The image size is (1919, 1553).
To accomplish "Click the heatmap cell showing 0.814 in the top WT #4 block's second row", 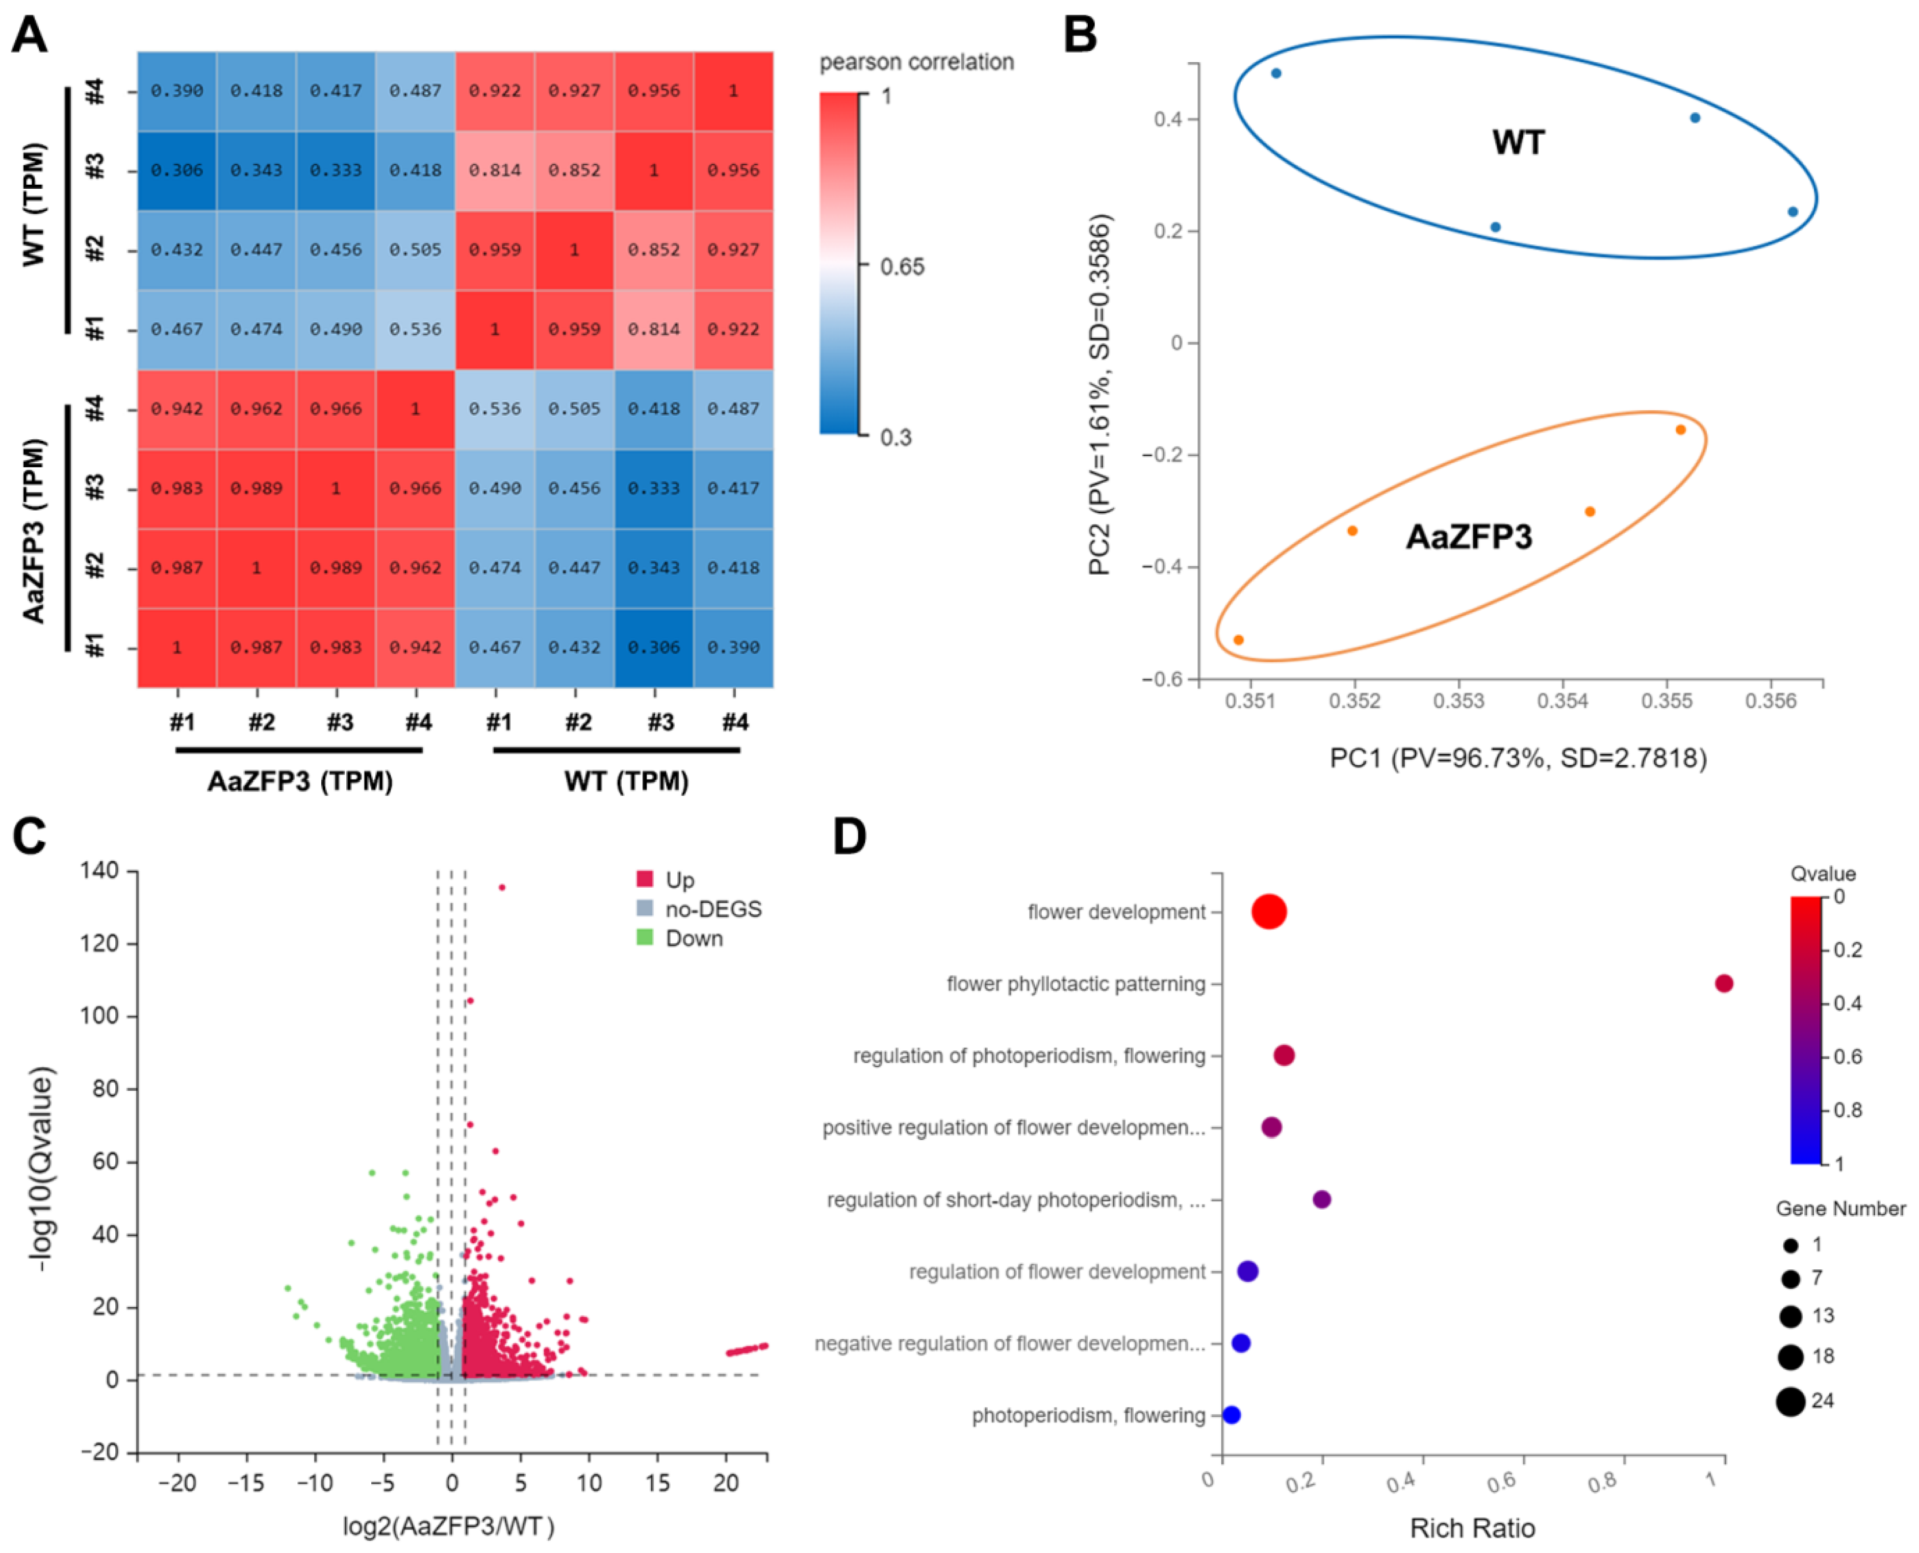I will click(495, 170).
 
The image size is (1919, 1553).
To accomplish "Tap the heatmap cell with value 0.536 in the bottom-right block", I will click(495, 409).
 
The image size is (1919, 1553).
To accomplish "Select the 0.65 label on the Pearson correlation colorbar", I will click(902, 267).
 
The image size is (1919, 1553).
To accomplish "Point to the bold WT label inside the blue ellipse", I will click(1518, 142).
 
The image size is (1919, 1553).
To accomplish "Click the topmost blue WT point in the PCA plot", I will click(1276, 73).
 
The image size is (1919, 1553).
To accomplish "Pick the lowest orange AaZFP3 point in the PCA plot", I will click(1239, 640).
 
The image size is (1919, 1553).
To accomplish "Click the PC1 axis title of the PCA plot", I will click(1518, 759).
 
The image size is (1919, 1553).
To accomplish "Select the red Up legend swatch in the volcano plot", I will click(645, 880).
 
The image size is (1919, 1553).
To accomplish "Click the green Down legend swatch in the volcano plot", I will click(645, 938).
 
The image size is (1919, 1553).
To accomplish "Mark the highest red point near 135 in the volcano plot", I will click(502, 887).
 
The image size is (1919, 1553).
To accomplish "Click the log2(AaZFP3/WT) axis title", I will click(449, 1526).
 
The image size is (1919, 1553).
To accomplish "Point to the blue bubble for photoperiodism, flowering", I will click(1232, 1415).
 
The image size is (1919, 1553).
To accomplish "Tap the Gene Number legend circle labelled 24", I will click(1790, 1402).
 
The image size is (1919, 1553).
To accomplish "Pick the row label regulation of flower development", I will click(1057, 1271).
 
